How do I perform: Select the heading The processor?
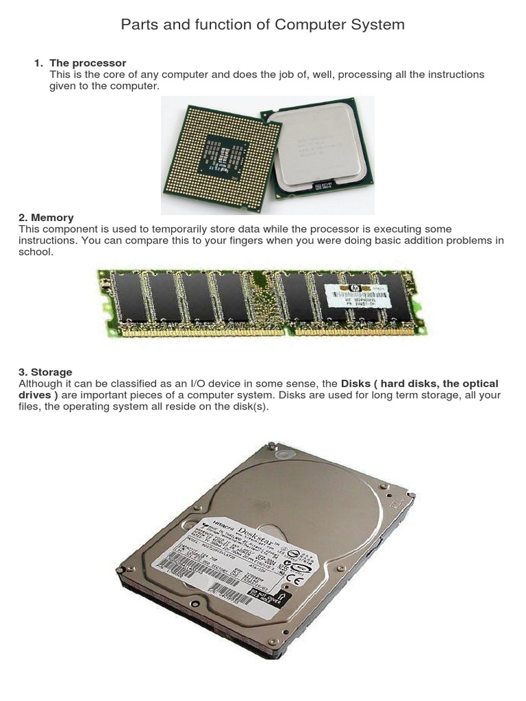click(88, 63)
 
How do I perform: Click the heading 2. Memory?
click(46, 218)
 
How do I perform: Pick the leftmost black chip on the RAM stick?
click(130, 298)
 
